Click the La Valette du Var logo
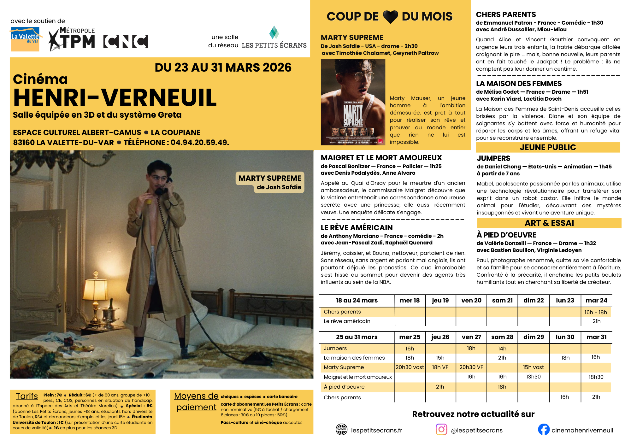click(25, 39)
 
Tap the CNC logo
click(126, 41)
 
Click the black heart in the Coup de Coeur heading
click(390, 17)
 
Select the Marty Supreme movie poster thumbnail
click(353, 102)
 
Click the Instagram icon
click(441, 429)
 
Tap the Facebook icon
click(544, 430)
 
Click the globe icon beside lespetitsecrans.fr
click(341, 430)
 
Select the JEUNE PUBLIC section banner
click(548, 147)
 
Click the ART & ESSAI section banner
click(549, 223)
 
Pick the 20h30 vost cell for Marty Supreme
click(410, 367)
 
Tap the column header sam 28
click(502, 337)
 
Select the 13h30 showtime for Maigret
click(533, 377)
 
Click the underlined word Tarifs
click(27, 396)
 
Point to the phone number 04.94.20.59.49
click(199, 143)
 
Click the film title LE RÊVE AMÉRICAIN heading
click(357, 228)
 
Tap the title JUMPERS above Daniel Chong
click(493, 158)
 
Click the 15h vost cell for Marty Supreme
click(533, 367)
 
